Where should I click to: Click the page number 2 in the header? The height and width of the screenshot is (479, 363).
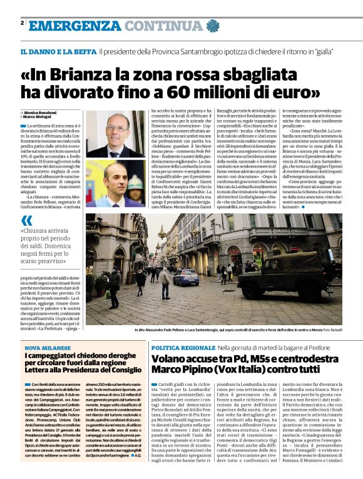click(23, 23)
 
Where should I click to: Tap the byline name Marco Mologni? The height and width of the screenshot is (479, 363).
click(40, 116)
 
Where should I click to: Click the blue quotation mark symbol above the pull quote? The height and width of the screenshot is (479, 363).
click(26, 220)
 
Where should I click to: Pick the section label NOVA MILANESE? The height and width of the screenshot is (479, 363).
click(48, 347)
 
